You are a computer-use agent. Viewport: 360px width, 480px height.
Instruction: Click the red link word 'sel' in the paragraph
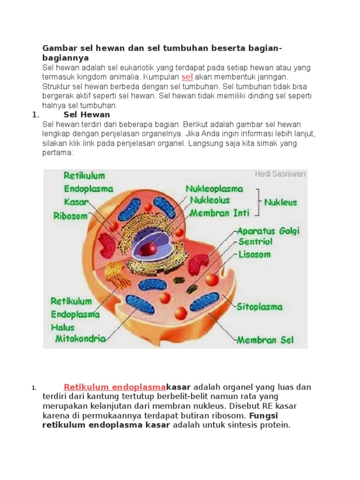[x=187, y=77]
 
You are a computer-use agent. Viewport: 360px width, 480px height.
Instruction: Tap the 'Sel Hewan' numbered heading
[x=86, y=114]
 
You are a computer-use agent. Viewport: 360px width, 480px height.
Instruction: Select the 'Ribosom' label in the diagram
[x=70, y=217]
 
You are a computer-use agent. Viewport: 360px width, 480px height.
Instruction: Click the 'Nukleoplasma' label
[x=214, y=189]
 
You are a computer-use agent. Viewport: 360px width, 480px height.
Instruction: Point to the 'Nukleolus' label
[x=210, y=201]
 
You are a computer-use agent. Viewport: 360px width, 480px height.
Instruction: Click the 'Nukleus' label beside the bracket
[x=280, y=202]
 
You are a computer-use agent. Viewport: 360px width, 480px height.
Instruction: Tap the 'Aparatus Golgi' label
[x=268, y=231]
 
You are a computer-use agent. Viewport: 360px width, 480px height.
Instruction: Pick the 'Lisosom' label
[x=255, y=255]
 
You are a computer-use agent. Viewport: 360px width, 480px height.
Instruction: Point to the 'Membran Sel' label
[x=265, y=340]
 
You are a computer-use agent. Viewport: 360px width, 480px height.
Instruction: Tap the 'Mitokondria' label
[x=81, y=338]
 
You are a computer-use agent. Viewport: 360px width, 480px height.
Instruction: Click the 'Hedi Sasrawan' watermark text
[x=280, y=174]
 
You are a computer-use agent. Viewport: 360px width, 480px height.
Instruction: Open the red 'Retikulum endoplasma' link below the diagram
[x=115, y=387]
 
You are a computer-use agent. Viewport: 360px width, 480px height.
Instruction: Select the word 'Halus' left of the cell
[x=63, y=327]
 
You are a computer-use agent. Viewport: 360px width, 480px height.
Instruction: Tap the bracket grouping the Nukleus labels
[x=258, y=202]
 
